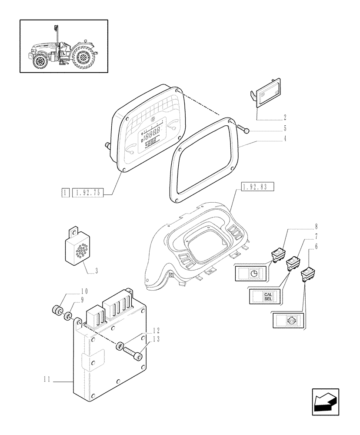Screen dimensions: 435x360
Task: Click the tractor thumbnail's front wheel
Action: click(x=41, y=61)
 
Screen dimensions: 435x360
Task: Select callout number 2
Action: click(x=285, y=117)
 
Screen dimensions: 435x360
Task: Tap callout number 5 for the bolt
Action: click(x=285, y=129)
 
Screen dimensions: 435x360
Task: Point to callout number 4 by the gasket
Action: click(x=285, y=140)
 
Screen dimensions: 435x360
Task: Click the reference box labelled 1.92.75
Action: click(x=87, y=192)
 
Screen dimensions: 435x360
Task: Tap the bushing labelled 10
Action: click(x=56, y=311)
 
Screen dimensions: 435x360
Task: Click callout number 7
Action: click(x=316, y=237)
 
